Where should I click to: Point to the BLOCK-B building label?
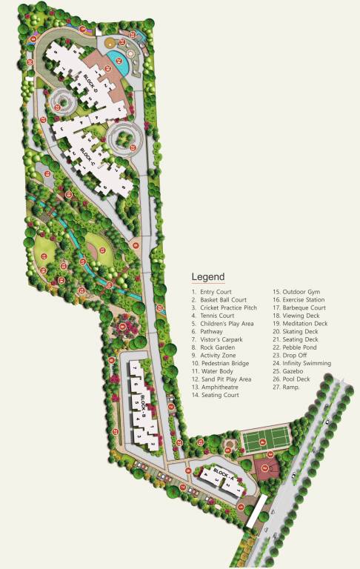[x=142, y=407]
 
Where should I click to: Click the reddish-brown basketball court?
[x=267, y=467]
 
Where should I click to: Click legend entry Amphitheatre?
[x=221, y=387]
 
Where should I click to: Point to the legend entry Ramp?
[x=293, y=387]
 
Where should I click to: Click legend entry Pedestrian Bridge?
[x=225, y=364]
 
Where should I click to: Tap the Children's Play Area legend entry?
[x=225, y=324]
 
